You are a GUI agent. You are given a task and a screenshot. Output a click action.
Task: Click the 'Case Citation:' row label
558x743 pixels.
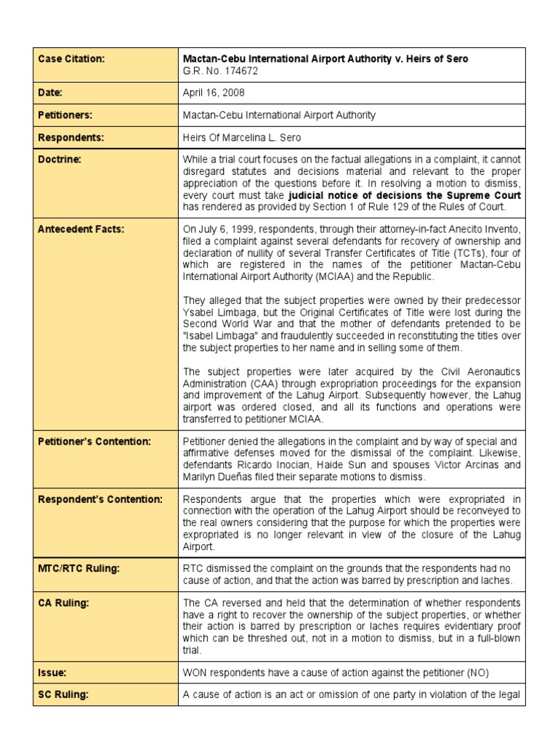(x=72, y=59)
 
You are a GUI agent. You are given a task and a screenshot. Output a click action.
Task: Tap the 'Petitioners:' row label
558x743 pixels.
(x=65, y=115)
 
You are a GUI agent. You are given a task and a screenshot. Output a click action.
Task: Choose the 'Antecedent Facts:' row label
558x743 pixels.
(x=81, y=229)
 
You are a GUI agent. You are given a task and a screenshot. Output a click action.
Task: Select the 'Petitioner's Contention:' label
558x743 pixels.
(x=94, y=441)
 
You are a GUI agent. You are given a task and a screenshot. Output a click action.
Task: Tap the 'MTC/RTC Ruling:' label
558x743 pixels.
(x=78, y=568)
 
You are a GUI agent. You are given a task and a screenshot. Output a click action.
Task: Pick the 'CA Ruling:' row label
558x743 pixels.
(x=62, y=603)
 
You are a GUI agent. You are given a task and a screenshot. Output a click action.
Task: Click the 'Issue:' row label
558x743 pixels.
(x=52, y=673)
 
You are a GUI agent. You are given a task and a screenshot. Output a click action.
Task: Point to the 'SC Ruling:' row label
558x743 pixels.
(x=63, y=694)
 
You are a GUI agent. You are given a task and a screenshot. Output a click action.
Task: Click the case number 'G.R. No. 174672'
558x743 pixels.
(x=220, y=70)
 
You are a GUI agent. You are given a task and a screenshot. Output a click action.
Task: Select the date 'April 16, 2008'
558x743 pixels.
(x=214, y=93)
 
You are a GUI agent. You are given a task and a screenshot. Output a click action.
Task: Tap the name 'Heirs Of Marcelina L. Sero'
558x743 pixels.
(x=243, y=137)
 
